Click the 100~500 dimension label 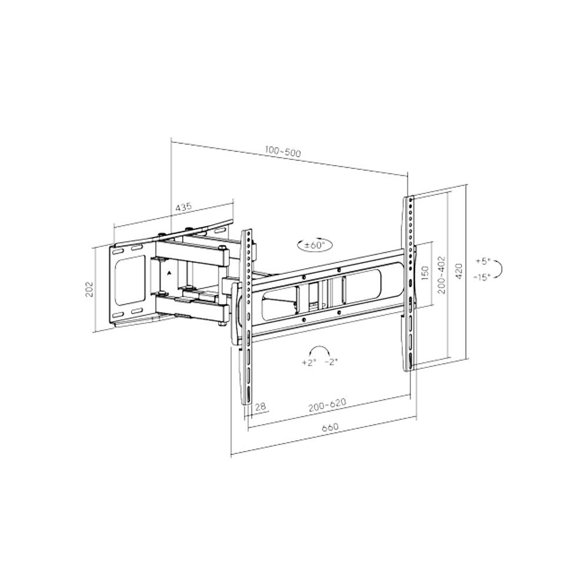(283, 152)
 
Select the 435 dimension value (183, 206)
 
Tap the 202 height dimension (90, 289)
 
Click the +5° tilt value (483, 261)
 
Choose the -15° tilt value (482, 277)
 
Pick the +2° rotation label (309, 363)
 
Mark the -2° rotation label (331, 362)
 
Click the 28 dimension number (260, 406)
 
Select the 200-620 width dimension (327, 405)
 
